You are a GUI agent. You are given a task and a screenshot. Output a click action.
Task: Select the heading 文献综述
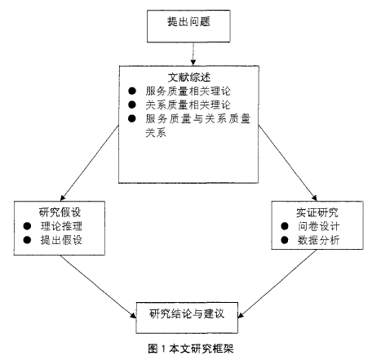click(189, 78)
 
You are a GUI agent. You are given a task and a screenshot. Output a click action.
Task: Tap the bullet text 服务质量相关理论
click(188, 91)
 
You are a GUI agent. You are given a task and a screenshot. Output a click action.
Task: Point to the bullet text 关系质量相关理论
click(188, 105)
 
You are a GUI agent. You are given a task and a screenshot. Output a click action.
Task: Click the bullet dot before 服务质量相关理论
click(132, 91)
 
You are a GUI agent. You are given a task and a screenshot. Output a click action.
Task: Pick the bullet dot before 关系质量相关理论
click(132, 104)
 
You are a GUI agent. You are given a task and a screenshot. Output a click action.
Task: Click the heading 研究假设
click(60, 212)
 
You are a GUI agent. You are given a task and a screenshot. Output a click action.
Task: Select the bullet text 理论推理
click(61, 226)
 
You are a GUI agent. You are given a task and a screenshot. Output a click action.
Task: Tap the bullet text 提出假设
click(61, 240)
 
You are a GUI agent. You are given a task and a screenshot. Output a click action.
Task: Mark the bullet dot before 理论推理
click(27, 226)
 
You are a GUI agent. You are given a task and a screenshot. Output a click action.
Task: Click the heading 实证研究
click(317, 212)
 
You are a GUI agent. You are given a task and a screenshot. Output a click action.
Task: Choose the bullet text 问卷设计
click(318, 226)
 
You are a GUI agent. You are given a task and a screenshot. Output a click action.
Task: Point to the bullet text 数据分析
click(318, 240)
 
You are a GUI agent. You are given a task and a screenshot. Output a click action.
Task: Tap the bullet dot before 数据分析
click(285, 240)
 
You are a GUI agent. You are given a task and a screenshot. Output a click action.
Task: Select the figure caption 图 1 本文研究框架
click(191, 349)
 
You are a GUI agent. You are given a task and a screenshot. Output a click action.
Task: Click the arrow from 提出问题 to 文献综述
click(193, 54)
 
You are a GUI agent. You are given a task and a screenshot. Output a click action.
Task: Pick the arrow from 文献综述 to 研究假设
click(90, 162)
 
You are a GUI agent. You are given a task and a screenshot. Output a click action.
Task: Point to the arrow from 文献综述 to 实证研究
click(288, 162)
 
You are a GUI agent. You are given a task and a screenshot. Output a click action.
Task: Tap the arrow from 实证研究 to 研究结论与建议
click(277, 283)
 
